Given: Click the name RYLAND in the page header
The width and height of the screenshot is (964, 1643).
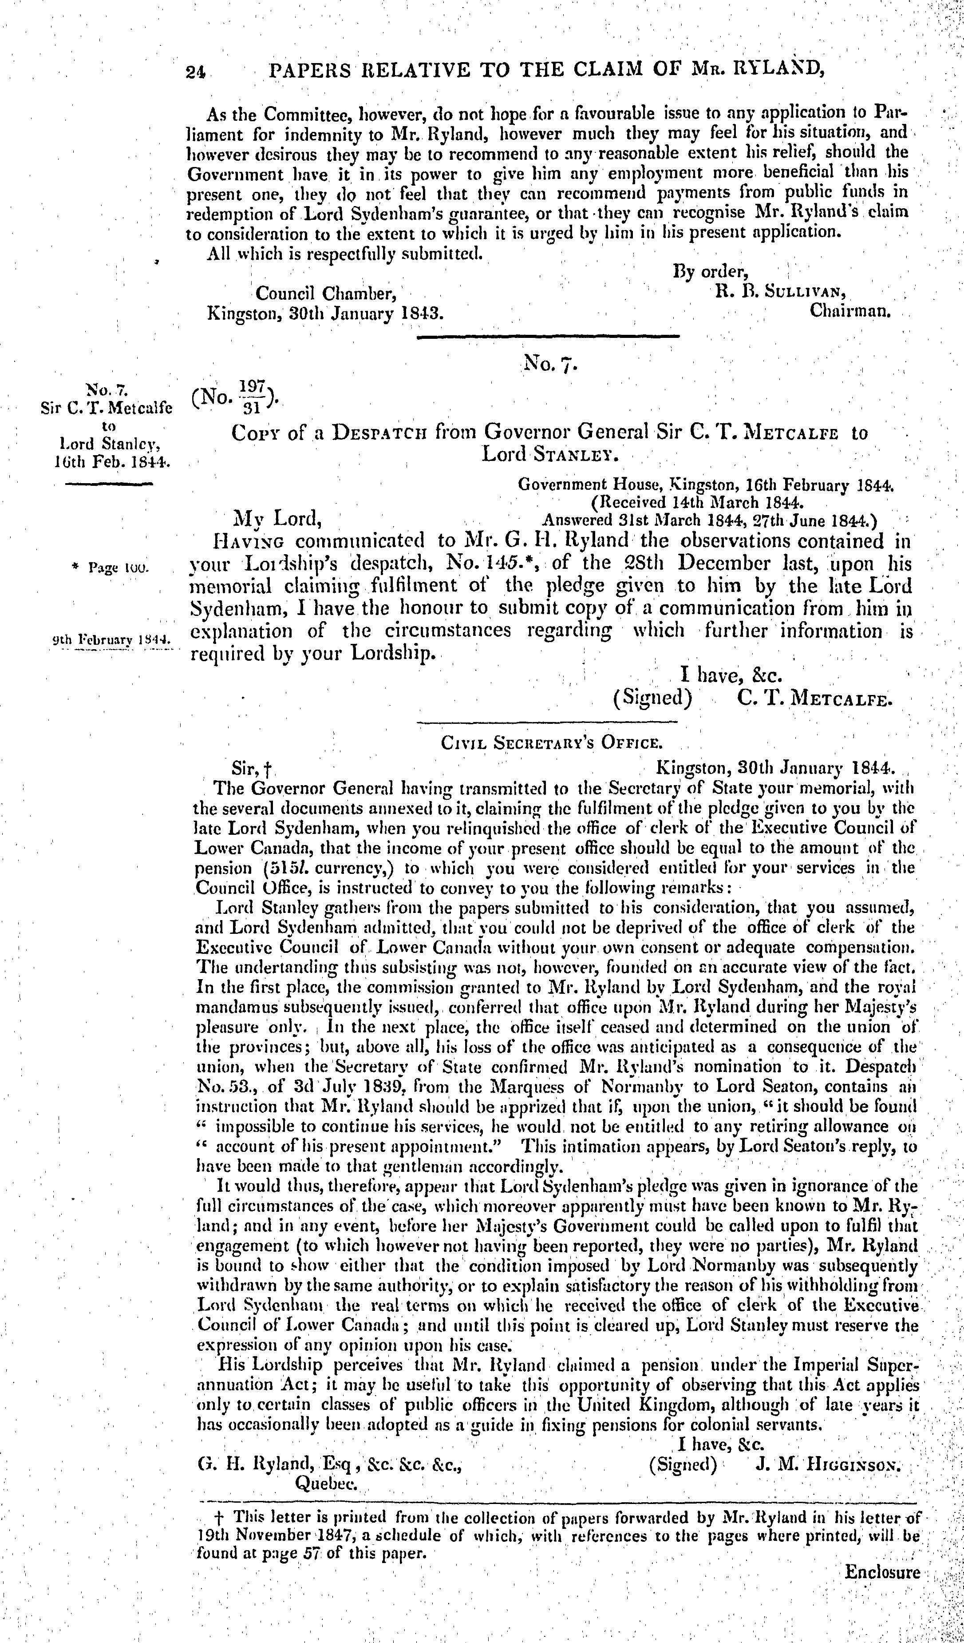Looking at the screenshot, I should click(x=773, y=69).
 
